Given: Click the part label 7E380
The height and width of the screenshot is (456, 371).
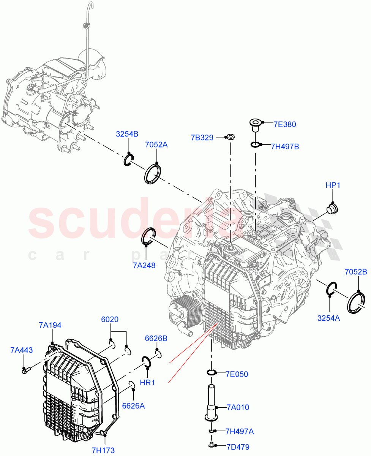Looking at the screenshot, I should coord(285,124).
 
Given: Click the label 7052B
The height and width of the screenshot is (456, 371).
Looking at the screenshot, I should coord(356,272).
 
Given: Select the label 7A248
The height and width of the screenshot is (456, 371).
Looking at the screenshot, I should coord(144,266).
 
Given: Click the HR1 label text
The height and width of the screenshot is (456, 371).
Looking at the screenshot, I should coord(147,383).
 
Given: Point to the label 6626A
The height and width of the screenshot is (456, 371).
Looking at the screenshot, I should coord(133,406).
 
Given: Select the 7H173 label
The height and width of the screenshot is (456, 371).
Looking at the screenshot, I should coord(103,451).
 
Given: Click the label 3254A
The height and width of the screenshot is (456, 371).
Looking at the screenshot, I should coord(329,318).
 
